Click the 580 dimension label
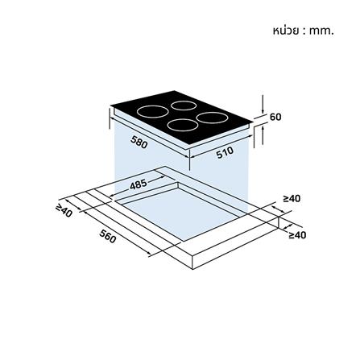click(x=139, y=142)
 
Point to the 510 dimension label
click(x=225, y=152)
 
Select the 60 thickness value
click(x=275, y=117)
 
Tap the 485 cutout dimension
click(x=139, y=184)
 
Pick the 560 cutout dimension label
click(x=108, y=236)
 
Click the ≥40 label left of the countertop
click(x=64, y=211)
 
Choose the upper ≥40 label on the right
click(x=292, y=199)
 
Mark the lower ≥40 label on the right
click(x=297, y=235)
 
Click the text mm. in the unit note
click(x=321, y=31)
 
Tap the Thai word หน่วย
click(x=285, y=31)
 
